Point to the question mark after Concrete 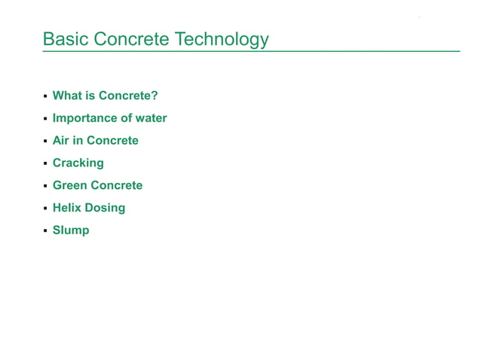coord(155,96)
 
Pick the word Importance coord(84,118)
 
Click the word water coord(151,118)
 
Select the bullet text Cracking coord(78,163)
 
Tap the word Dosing coord(106,208)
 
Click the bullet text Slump coord(71,230)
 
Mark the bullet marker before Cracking coord(45,163)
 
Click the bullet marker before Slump coord(45,231)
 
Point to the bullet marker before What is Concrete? coord(45,96)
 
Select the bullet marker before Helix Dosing coord(45,209)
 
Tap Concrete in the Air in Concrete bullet coord(112,140)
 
